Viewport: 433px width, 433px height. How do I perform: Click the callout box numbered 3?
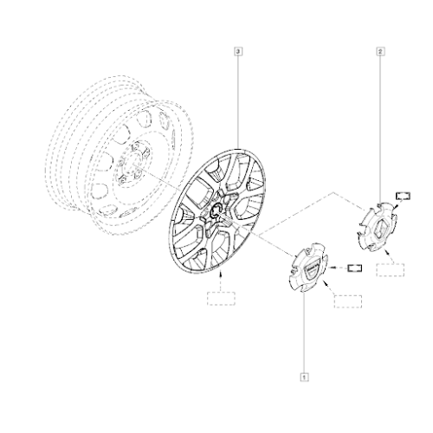tap(238, 52)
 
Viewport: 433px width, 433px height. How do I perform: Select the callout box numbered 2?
tap(380, 52)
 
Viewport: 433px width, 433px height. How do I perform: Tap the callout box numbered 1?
tap(304, 377)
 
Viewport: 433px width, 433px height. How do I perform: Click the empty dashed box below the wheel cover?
tap(221, 299)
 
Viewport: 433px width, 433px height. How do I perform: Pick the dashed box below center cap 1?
tap(348, 301)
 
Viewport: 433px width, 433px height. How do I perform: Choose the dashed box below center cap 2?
tap(390, 270)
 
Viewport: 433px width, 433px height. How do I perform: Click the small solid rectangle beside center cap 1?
tap(355, 268)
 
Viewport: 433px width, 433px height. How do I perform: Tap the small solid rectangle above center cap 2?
tap(403, 196)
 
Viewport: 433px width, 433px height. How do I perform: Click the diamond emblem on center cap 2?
tap(378, 228)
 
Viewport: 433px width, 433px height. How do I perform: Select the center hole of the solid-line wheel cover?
tap(216, 211)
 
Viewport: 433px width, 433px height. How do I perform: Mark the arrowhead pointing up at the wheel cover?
tap(221, 272)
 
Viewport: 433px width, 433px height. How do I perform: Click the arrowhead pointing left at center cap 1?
tap(332, 268)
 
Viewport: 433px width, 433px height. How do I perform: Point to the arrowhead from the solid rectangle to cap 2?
tap(395, 206)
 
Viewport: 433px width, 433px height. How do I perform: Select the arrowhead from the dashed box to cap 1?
tap(326, 283)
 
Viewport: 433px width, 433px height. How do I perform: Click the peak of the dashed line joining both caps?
tap(333, 192)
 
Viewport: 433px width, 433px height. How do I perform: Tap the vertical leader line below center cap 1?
tap(304, 333)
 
